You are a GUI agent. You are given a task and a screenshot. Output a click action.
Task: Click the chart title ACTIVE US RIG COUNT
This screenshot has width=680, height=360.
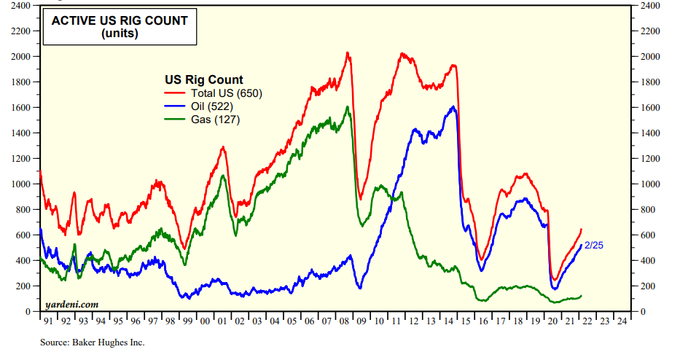[119, 20]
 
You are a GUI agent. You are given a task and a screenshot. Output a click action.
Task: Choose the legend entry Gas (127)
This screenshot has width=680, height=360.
[215, 120]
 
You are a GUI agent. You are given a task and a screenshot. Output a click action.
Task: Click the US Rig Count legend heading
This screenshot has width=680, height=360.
[204, 79]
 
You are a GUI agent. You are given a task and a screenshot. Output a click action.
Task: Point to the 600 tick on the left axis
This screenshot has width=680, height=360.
[23, 235]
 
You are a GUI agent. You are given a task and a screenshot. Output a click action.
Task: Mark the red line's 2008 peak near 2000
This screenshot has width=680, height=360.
[348, 53]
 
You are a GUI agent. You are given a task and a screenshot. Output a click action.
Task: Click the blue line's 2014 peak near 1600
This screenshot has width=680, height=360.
[453, 107]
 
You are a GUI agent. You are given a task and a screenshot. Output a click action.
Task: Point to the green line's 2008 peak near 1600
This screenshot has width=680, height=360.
[347, 108]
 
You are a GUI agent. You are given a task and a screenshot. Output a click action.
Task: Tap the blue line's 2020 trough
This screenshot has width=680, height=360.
[554, 289]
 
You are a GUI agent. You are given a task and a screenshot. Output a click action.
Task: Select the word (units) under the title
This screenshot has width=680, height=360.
[119, 34]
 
